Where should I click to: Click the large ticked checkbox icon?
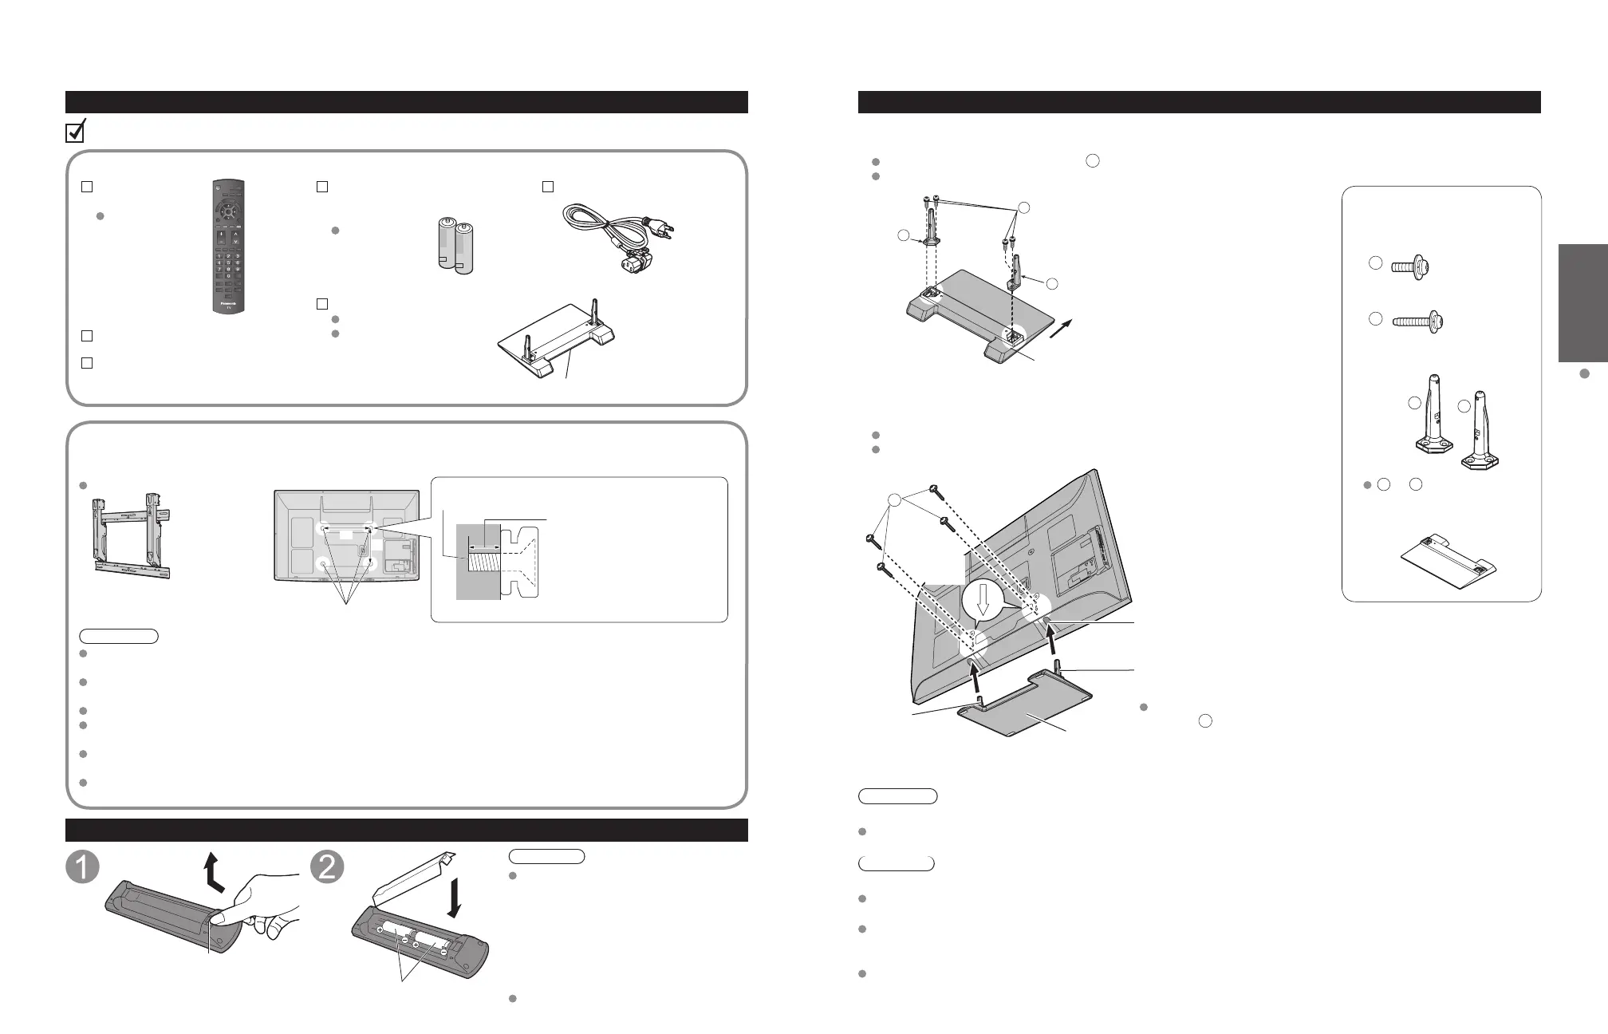(x=75, y=131)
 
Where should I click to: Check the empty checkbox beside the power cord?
(x=548, y=187)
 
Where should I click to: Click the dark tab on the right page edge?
(x=1582, y=303)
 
